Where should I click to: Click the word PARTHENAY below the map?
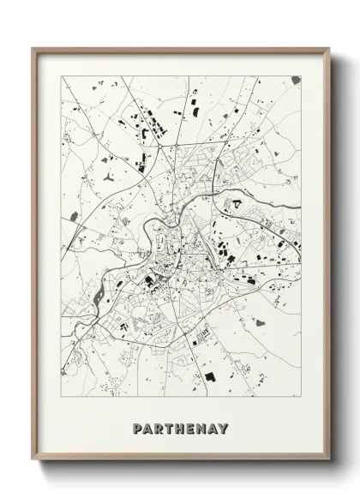click(180, 428)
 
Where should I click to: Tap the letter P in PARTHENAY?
click(138, 428)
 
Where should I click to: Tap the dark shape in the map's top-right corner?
click(295, 80)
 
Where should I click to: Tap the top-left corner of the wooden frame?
click(33, 48)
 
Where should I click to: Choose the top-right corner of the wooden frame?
click(327, 48)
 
